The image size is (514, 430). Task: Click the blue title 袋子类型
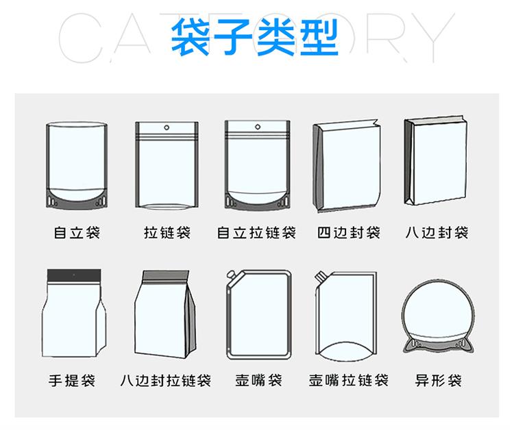[255, 37]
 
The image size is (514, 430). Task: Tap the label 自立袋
[77, 233]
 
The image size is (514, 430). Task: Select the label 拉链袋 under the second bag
[167, 233]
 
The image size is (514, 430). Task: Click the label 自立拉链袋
[256, 233]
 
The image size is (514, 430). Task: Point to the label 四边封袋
[348, 233]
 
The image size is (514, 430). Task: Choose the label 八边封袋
[437, 233]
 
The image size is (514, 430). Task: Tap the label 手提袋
[72, 380]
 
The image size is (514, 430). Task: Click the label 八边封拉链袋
[166, 380]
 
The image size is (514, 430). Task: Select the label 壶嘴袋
[258, 380]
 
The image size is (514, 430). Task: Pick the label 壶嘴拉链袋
[348, 380]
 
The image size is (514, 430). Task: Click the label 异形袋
[439, 380]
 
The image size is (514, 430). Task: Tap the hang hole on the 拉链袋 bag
[167, 127]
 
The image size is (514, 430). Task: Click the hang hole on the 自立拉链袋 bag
[258, 127]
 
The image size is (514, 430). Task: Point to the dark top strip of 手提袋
[74, 275]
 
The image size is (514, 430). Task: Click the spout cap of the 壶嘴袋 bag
[231, 274]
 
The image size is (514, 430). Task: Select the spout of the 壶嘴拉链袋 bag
[319, 277]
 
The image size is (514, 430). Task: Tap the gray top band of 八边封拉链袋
[166, 276]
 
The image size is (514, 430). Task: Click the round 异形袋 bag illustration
[438, 317]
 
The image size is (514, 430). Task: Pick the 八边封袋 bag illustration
[436, 160]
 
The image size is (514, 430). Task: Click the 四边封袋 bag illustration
[347, 166]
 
